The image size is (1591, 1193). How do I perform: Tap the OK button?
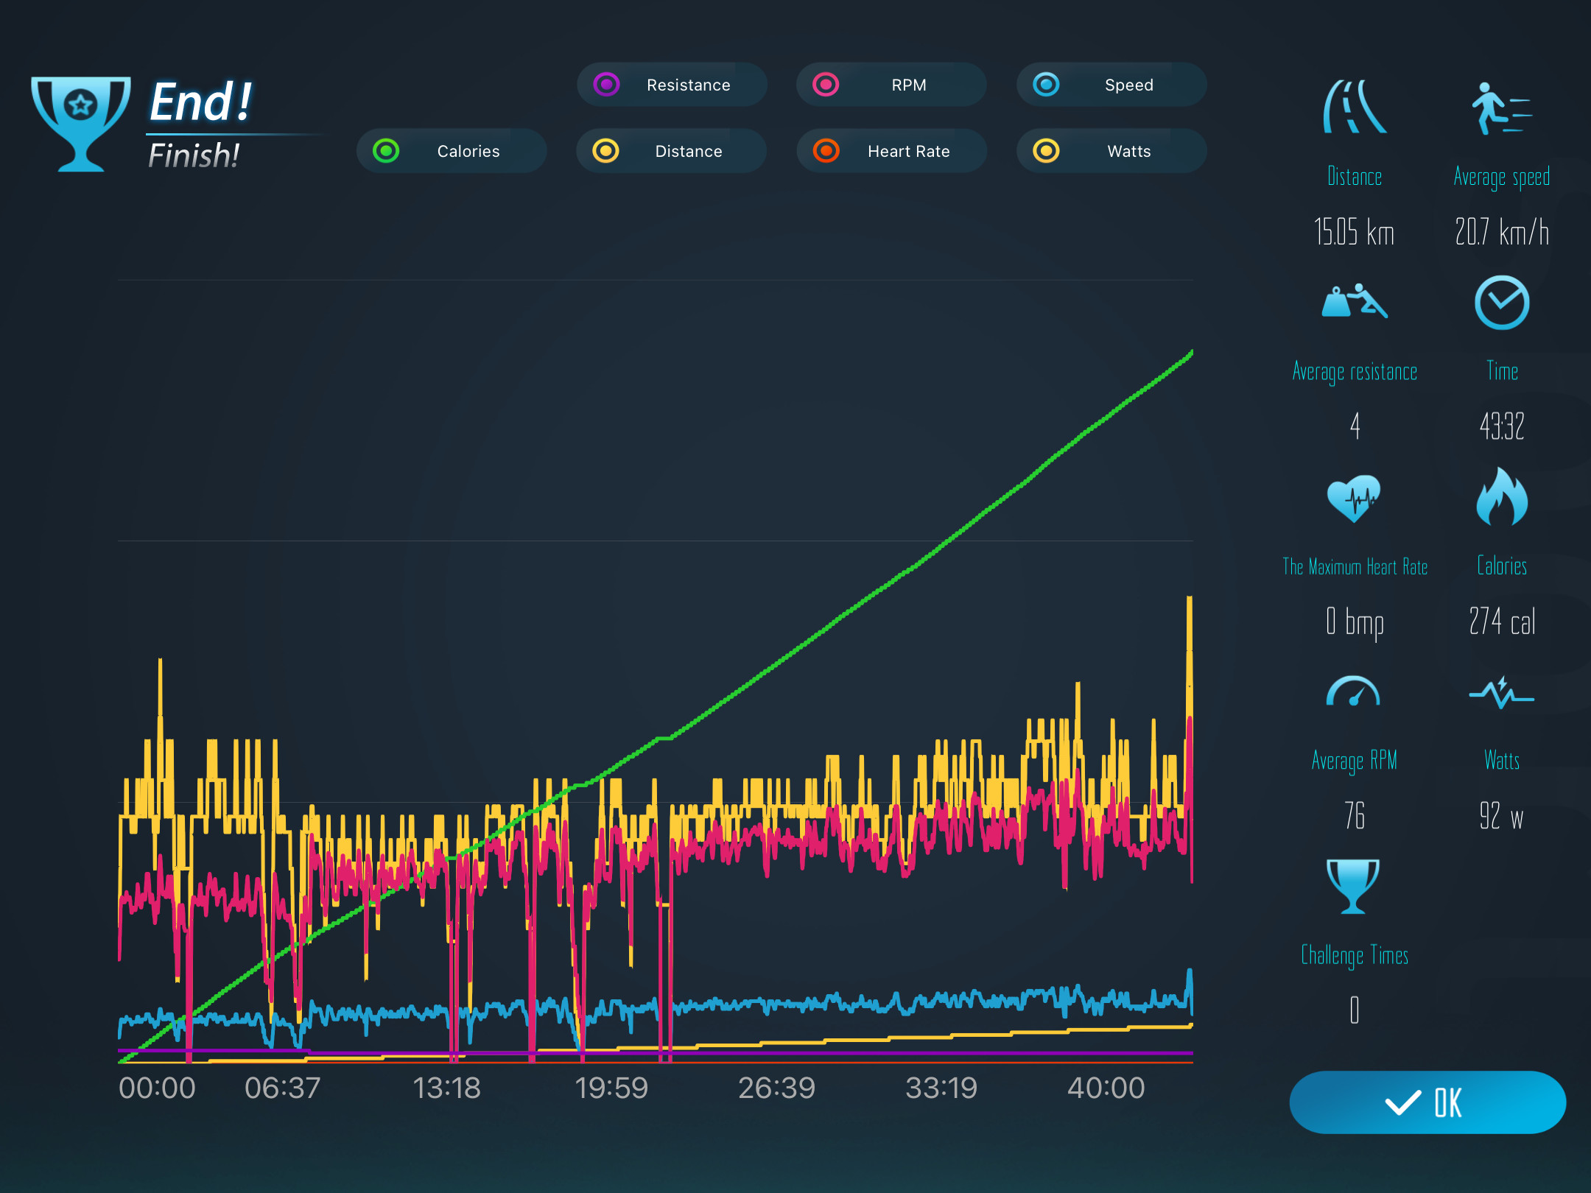(x=1427, y=1102)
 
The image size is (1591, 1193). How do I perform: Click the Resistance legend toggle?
(x=672, y=85)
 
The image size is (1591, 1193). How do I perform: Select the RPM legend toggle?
(x=891, y=85)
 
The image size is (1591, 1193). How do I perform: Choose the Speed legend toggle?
(x=1111, y=85)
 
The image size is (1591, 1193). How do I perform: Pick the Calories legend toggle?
(x=452, y=151)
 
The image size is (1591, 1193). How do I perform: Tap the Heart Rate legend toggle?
(x=891, y=151)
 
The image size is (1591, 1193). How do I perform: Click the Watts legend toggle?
(x=1111, y=151)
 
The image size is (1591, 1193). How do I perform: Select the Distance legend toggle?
(x=672, y=151)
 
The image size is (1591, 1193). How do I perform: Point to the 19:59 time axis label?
(x=611, y=1088)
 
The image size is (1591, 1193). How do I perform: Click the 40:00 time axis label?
(x=1106, y=1088)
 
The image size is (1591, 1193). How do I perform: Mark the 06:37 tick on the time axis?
(x=283, y=1088)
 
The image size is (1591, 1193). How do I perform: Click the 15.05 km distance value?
(x=1355, y=232)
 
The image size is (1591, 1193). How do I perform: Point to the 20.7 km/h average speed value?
(x=1502, y=232)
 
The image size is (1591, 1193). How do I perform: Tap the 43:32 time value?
(x=1502, y=426)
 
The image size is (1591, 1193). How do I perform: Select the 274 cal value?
(x=1502, y=622)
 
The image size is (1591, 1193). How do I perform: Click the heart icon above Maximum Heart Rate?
(x=1354, y=499)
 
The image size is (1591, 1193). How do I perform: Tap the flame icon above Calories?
(x=1502, y=497)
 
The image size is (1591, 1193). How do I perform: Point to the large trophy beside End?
(x=81, y=124)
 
